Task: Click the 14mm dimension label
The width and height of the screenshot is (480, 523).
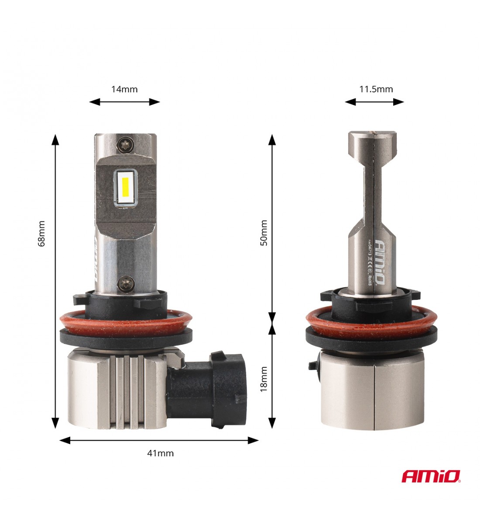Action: coord(124,89)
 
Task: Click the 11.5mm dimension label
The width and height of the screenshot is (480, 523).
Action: coord(376,89)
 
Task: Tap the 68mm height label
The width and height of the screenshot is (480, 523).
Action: coord(42,234)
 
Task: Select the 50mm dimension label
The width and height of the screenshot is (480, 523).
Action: coord(264,233)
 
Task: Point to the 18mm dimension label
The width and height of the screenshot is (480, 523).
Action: coord(264,379)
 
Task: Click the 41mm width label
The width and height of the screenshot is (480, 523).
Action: coord(160,453)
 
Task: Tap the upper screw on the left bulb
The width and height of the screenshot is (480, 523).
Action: coord(126,143)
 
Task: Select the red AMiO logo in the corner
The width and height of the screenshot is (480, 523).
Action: coord(430,476)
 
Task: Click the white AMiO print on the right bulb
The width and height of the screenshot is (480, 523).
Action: coord(379,261)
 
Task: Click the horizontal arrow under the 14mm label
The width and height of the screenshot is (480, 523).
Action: coord(124,102)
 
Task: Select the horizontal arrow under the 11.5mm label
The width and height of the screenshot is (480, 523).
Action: coord(374,102)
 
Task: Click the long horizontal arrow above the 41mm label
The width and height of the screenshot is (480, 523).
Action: coord(159,440)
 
